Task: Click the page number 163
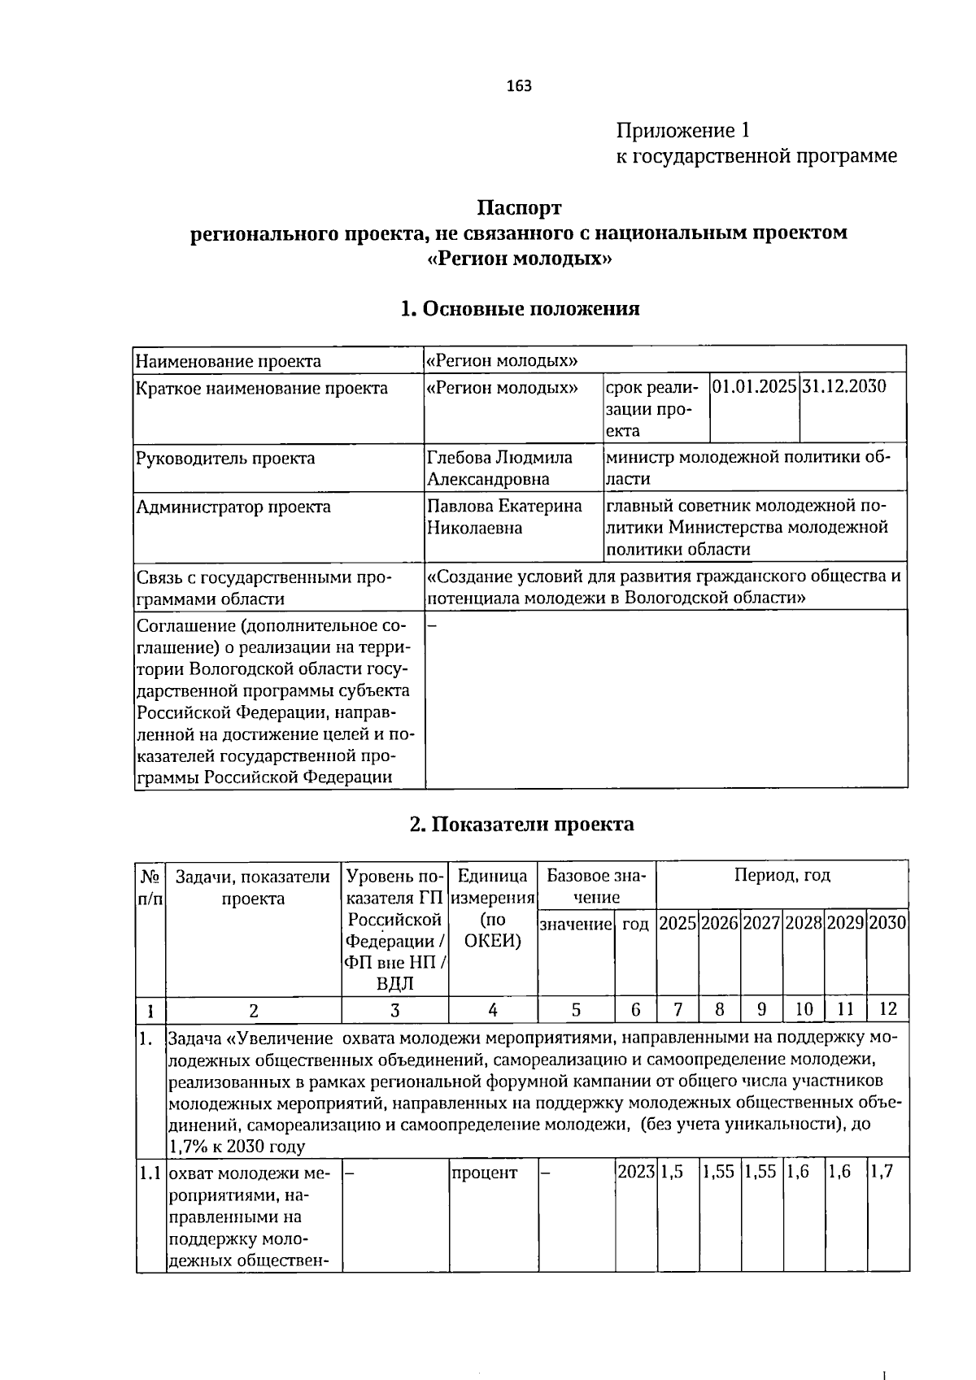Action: (x=519, y=85)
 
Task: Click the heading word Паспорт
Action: (x=519, y=208)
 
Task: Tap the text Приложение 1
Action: (x=682, y=130)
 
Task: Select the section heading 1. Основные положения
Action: (x=520, y=309)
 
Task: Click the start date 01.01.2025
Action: (x=754, y=386)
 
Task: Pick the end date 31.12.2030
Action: (x=843, y=386)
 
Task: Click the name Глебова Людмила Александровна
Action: (x=499, y=468)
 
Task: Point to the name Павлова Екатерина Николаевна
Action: (x=504, y=517)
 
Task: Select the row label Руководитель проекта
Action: (x=225, y=459)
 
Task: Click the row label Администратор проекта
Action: (x=233, y=507)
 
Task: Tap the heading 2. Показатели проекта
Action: (x=521, y=825)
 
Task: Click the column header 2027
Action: (x=761, y=924)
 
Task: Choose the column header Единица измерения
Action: (x=492, y=887)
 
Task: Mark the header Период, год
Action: (x=782, y=876)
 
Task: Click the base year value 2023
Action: (x=635, y=1173)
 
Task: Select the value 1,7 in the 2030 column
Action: (x=882, y=1173)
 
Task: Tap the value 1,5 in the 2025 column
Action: (x=672, y=1173)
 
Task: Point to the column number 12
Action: (x=887, y=1010)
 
